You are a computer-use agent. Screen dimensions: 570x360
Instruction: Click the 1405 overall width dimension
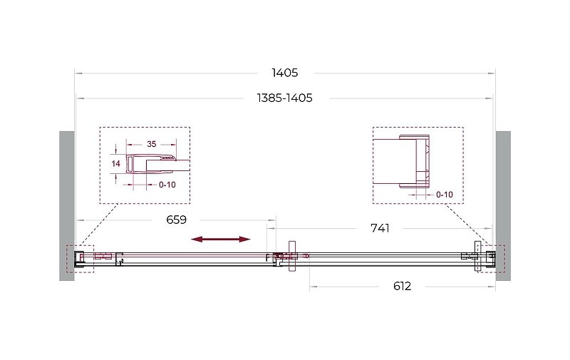pos(284,73)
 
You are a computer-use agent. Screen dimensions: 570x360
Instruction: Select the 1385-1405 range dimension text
pos(284,98)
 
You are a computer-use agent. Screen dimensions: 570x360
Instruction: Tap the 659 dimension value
pos(176,220)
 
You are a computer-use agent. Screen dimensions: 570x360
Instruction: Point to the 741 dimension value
pos(380,228)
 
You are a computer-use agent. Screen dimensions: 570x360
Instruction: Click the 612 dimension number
pos(402,286)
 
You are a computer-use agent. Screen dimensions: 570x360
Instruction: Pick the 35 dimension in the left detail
pos(152,144)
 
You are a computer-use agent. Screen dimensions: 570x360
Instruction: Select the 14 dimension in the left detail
pos(116,164)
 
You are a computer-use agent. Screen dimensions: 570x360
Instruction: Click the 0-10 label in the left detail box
pos(167,185)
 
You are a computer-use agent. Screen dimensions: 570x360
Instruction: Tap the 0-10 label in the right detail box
pos(445,195)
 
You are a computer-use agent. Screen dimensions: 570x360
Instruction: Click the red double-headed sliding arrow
pos(221,239)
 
